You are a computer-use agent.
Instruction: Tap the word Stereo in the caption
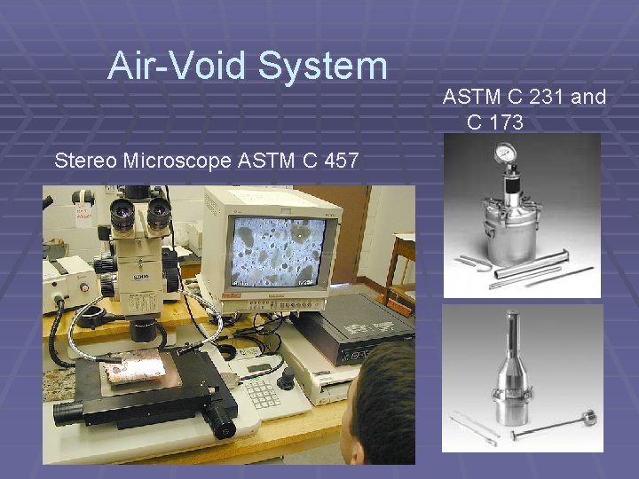(x=86, y=161)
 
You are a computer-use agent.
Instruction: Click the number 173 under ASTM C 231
(x=506, y=122)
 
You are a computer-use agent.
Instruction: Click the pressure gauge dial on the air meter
(x=509, y=153)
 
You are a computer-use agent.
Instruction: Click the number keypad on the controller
(x=262, y=391)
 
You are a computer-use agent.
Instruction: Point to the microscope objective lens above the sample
(x=142, y=332)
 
